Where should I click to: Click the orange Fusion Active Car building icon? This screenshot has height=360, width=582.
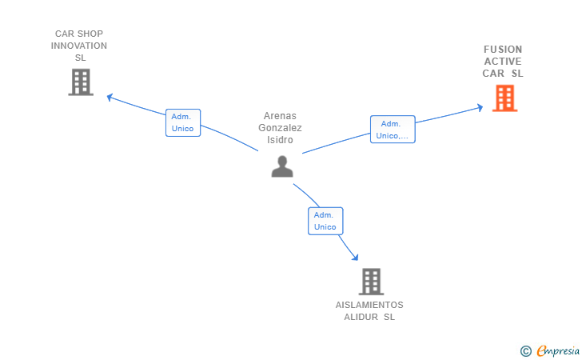[x=504, y=98]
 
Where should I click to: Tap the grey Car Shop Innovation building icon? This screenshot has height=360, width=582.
[x=80, y=82]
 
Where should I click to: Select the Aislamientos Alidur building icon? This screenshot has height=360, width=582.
[x=370, y=281]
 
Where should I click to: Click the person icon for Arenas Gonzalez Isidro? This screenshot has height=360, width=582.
[x=282, y=166]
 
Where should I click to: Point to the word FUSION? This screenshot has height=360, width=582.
[x=503, y=50]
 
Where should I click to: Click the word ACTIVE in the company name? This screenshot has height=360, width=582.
[x=503, y=62]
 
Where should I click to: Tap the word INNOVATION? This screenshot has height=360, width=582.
[x=79, y=46]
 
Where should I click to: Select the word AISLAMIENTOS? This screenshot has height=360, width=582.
[x=369, y=305]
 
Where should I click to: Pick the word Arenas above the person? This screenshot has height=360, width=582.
[x=281, y=116]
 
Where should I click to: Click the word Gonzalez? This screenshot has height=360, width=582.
[x=281, y=128]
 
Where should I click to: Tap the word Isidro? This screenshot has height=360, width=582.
[x=281, y=140]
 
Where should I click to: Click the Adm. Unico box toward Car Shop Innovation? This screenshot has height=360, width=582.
[x=182, y=122]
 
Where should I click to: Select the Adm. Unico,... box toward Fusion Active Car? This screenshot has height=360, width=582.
[x=393, y=130]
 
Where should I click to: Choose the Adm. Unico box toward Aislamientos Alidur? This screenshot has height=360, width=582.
[x=325, y=221]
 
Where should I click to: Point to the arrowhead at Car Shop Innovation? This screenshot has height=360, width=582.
[x=110, y=98]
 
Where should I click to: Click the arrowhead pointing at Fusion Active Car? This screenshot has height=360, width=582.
[x=480, y=106]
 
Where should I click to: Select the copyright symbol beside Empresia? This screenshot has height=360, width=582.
[x=525, y=350]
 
